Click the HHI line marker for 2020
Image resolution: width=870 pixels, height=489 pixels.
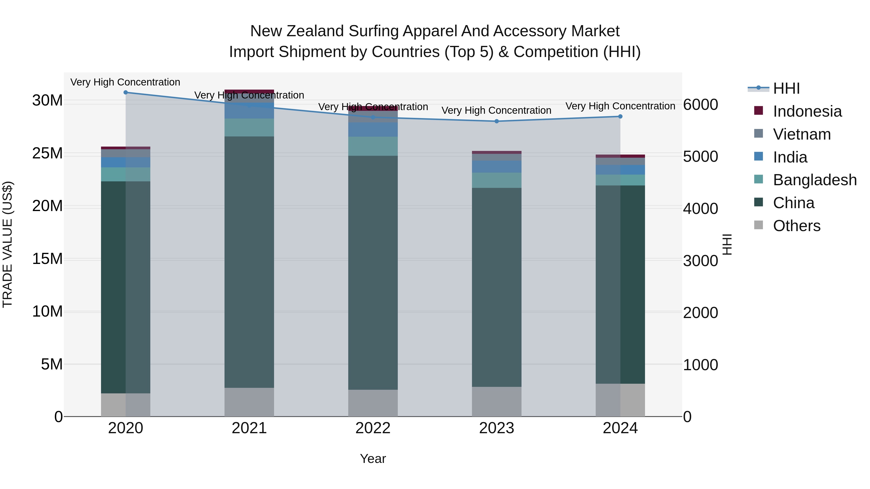126,92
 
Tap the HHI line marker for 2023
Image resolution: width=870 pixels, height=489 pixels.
496,121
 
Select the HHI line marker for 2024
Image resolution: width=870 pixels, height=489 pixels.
620,116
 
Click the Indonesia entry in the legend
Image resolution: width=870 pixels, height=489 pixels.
807,111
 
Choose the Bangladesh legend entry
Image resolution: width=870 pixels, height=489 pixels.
815,180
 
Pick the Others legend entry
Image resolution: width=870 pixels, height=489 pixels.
796,226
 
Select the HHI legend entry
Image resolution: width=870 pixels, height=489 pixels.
786,88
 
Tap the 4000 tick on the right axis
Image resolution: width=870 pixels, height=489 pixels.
700,209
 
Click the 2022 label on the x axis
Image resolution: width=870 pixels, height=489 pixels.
373,428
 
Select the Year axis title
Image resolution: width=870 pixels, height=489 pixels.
373,459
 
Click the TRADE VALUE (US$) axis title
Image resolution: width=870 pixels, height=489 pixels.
7,244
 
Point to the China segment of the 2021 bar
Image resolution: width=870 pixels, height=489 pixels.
249,262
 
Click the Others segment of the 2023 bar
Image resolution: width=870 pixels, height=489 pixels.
496,402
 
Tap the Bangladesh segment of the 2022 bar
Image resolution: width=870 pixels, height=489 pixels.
373,146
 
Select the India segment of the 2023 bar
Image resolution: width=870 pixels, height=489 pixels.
496,167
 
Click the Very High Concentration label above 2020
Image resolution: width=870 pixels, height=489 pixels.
125,82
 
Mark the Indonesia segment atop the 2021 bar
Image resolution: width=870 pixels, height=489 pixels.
249,92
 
